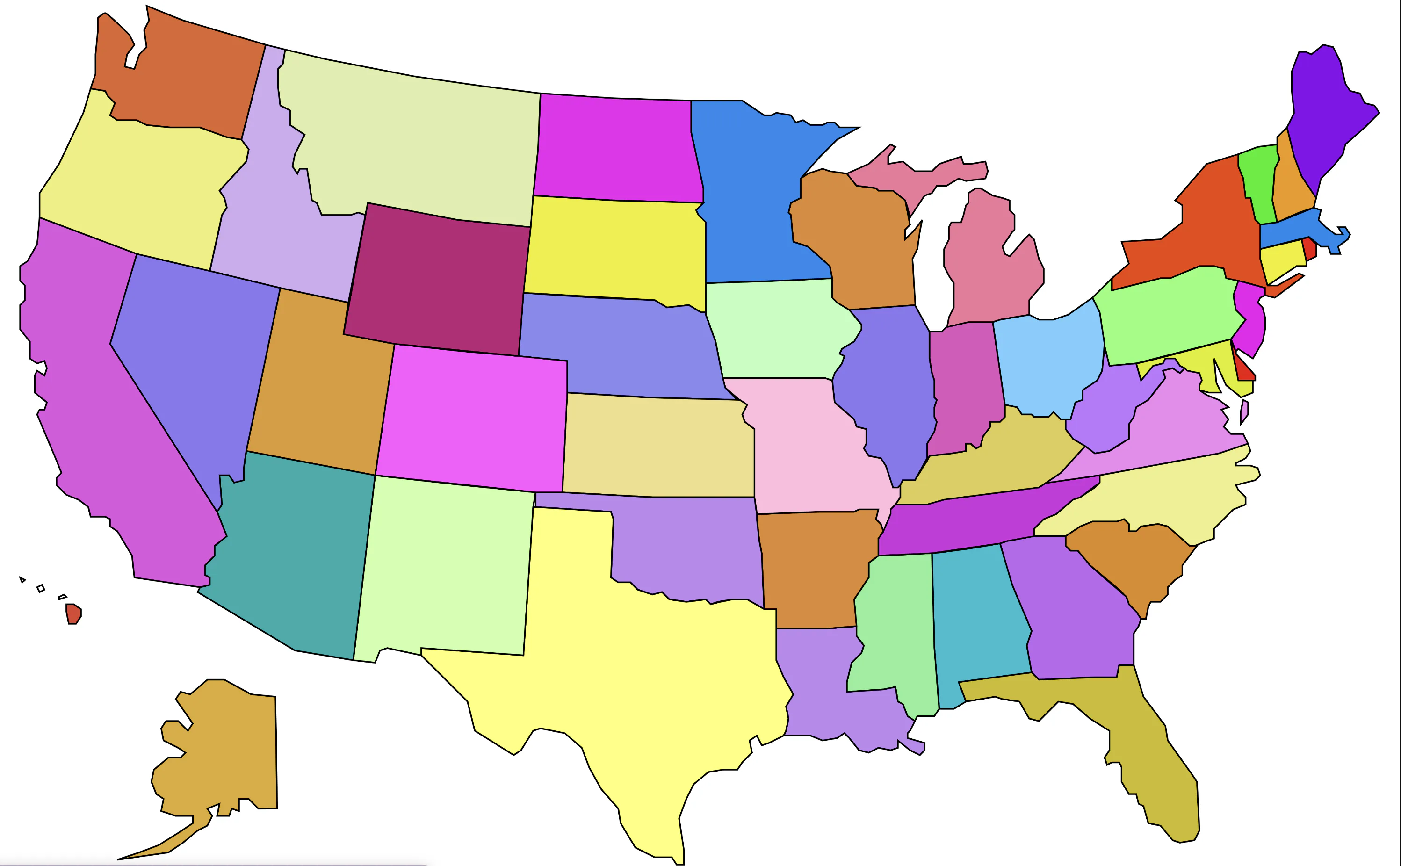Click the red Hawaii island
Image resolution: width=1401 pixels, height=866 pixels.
[x=73, y=613]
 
